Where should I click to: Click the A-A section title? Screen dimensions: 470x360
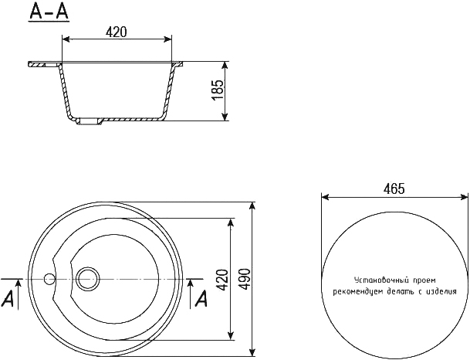pos(49,12)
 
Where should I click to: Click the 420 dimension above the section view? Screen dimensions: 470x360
pos(117,32)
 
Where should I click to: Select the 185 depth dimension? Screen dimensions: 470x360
pos(218,90)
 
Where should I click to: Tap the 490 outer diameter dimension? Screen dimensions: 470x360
pos(245,280)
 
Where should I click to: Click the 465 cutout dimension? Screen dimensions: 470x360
pos(394,189)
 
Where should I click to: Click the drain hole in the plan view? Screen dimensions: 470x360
pos(87,279)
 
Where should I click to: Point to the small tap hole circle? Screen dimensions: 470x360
pos(49,279)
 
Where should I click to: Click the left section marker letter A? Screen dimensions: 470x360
pos(8,299)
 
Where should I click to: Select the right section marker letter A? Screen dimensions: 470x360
pos(201,299)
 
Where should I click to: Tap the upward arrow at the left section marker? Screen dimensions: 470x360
pos(19,294)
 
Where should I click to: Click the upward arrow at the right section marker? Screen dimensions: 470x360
pos(190,294)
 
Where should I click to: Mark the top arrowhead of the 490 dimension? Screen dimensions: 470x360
pos(253,206)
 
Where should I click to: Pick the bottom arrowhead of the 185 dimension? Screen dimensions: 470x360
pos(225,117)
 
